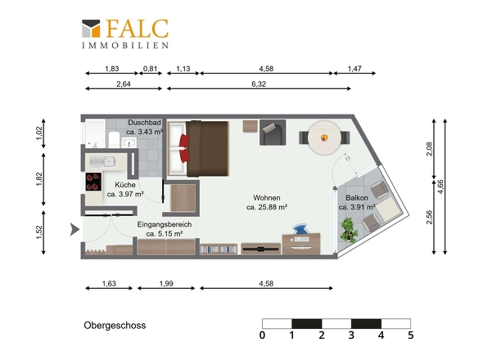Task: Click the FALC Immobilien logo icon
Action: [x=91, y=29]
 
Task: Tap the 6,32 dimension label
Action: [x=259, y=83]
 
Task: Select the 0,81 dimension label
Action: [x=151, y=69]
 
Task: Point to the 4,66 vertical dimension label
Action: [x=440, y=187]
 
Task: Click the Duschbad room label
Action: [x=144, y=123]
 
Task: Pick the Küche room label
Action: [x=125, y=185]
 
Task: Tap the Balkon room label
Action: [x=357, y=198]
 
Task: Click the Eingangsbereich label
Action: [x=165, y=224]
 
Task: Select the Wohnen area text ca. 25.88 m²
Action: [x=267, y=207]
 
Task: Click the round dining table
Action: [x=324, y=137]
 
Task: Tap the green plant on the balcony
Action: [x=349, y=230]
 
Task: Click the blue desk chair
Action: [x=300, y=230]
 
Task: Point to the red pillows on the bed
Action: [x=184, y=148]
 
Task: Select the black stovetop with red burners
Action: [x=93, y=182]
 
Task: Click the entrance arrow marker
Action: [x=74, y=229]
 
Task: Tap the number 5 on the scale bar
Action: [x=411, y=335]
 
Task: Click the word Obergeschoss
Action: [x=115, y=326]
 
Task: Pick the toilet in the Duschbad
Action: [x=114, y=140]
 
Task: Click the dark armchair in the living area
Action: [x=273, y=133]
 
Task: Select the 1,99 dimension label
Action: [x=166, y=283]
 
